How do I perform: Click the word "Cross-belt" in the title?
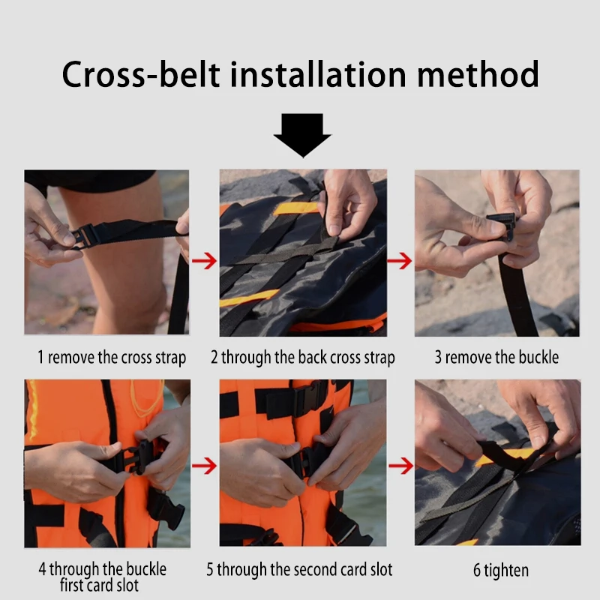click(141, 74)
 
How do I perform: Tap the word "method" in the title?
click(478, 74)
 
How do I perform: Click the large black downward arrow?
click(303, 136)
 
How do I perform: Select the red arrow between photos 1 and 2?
click(204, 261)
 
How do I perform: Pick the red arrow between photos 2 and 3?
click(400, 261)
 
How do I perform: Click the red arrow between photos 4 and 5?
click(204, 466)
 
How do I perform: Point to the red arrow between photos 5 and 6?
click(400, 466)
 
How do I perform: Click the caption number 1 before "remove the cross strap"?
click(40, 357)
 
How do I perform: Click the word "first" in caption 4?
click(72, 586)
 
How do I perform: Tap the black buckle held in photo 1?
click(84, 235)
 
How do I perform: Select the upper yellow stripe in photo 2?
click(295, 208)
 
